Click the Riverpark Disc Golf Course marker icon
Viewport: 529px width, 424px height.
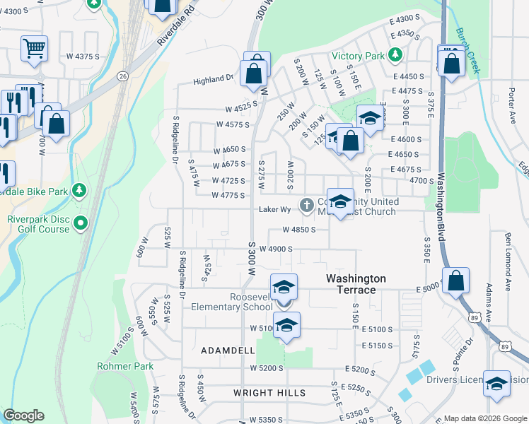click(x=81, y=224)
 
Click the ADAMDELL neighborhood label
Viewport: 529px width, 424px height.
click(x=228, y=351)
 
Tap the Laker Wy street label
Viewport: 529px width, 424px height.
click(x=275, y=209)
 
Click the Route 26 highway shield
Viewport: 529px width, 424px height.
click(x=122, y=75)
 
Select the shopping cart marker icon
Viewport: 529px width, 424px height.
click(x=34, y=49)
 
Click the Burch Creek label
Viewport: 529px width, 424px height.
click(x=467, y=51)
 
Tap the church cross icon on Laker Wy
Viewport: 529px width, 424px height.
click(x=306, y=206)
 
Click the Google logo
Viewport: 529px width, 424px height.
click(x=23, y=416)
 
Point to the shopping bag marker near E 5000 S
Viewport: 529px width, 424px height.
click(x=457, y=281)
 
